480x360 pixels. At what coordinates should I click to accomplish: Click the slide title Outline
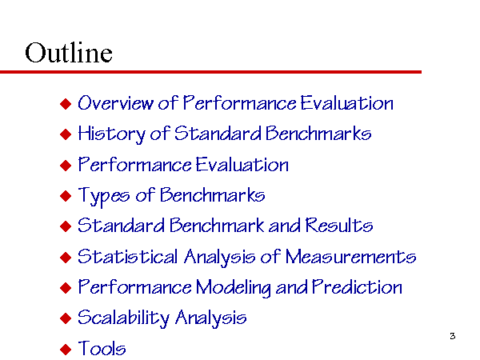click(x=69, y=52)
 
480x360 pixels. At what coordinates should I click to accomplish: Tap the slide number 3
click(x=453, y=336)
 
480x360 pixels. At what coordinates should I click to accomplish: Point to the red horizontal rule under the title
click(x=210, y=72)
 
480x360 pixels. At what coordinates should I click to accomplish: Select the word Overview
click(x=115, y=102)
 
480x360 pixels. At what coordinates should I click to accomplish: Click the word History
click(x=112, y=134)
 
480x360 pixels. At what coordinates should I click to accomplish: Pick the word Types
click(x=104, y=196)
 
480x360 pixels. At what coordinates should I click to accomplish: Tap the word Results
click(x=339, y=226)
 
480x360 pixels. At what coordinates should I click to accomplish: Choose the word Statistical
click(x=127, y=256)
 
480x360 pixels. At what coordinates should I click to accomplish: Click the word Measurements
click(x=350, y=256)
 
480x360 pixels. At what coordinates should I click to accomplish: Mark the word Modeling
click(x=234, y=288)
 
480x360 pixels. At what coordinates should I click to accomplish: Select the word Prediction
click(x=357, y=287)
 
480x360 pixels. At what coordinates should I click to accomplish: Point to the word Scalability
click(x=123, y=318)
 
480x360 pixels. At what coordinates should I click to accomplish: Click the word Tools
click(x=102, y=348)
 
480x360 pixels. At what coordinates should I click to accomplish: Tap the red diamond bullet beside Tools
click(x=66, y=349)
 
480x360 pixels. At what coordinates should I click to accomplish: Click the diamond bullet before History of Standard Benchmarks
click(x=66, y=134)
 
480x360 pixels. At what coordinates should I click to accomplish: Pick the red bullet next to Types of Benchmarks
click(x=66, y=196)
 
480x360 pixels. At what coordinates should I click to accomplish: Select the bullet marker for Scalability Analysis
click(x=66, y=318)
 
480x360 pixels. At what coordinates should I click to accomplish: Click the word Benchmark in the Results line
click(x=218, y=226)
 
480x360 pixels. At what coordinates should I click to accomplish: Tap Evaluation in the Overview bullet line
click(x=346, y=102)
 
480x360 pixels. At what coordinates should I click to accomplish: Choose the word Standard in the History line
click(x=218, y=134)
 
